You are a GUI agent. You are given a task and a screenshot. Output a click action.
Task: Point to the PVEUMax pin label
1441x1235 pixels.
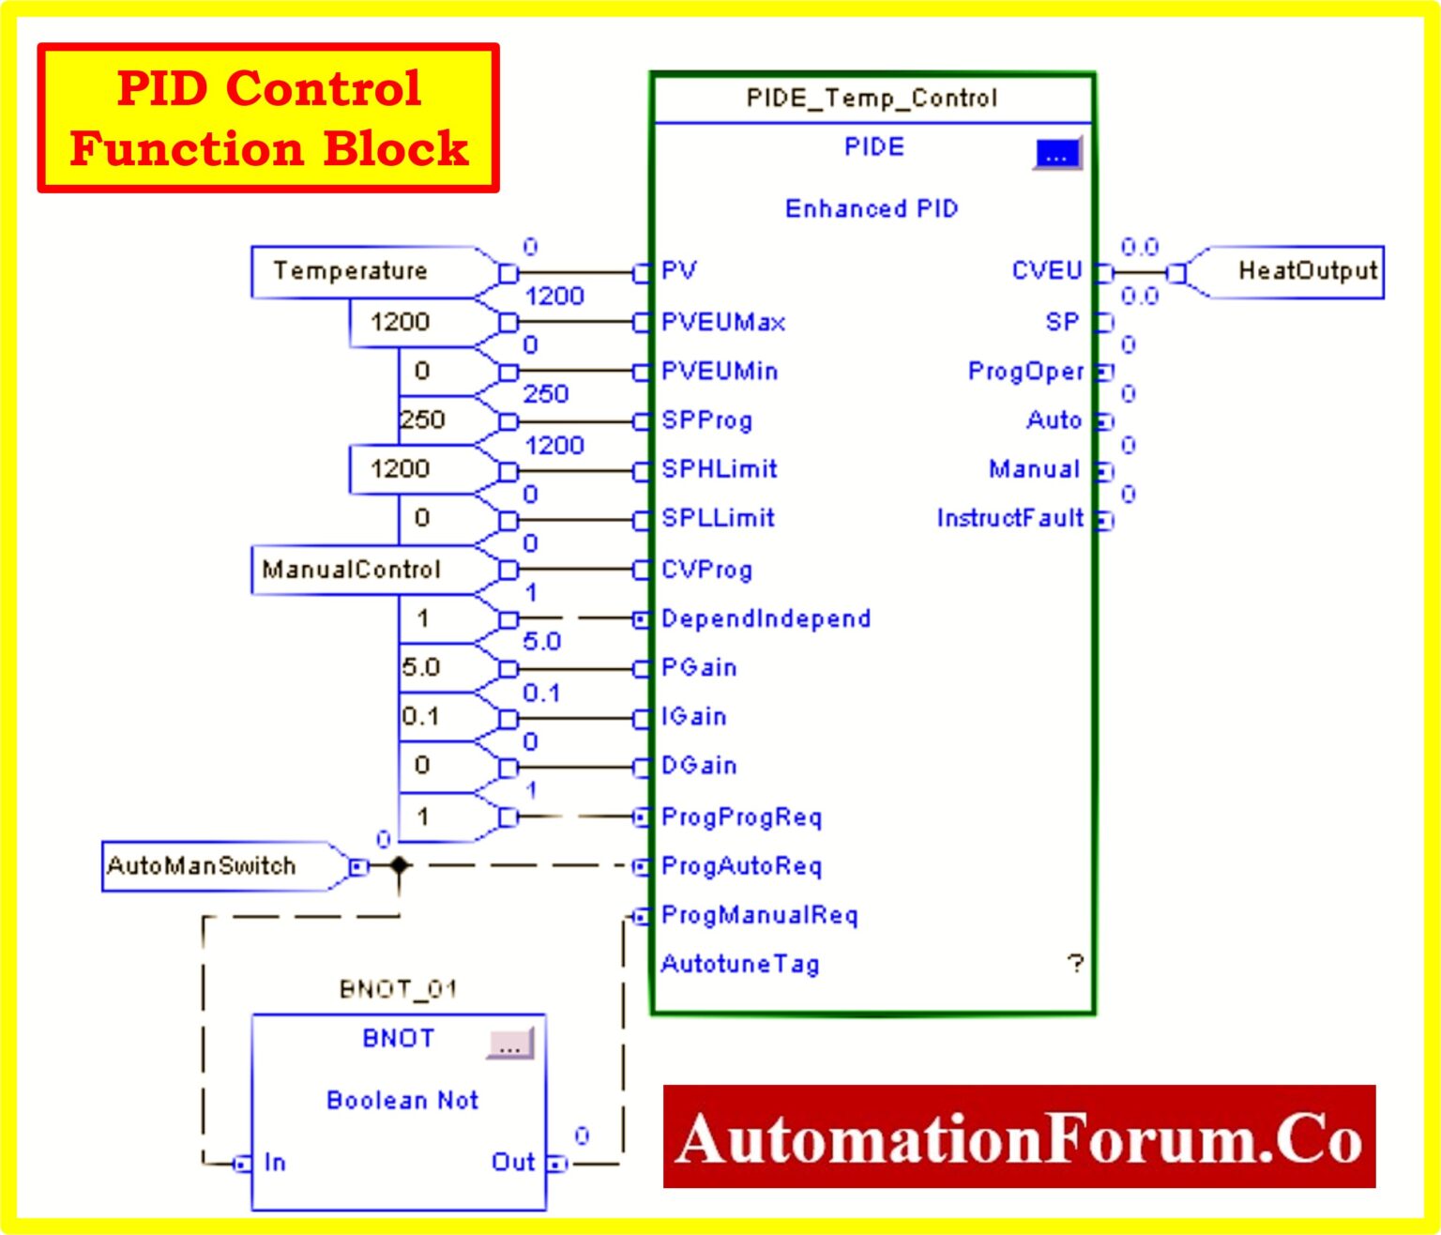tap(722, 322)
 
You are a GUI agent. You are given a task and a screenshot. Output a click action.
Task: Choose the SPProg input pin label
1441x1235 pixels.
tap(706, 419)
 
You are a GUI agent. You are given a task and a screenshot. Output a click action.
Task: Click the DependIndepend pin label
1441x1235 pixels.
tap(766, 618)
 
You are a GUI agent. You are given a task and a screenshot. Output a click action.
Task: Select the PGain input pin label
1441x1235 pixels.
tap(699, 667)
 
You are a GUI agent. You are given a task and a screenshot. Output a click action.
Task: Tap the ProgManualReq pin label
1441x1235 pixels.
tap(759, 915)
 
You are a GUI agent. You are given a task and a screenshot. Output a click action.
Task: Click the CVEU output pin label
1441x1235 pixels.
tap(1046, 271)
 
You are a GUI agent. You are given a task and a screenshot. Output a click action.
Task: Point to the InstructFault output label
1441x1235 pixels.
tap(1009, 518)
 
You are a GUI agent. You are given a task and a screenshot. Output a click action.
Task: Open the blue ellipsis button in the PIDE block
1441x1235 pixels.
tap(1057, 154)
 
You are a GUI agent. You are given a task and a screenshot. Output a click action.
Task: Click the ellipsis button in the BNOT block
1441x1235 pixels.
tap(509, 1044)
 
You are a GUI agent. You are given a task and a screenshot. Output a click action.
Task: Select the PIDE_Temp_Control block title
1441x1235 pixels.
tap(872, 99)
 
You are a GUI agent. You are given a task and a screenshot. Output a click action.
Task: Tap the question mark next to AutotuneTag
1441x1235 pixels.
tap(1075, 964)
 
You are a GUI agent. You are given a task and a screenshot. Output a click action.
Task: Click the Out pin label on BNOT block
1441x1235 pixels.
tap(512, 1162)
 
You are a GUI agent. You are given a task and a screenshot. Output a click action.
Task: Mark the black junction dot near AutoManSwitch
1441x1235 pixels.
tap(399, 865)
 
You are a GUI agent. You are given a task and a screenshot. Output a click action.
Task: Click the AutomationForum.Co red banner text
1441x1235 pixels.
tap(1019, 1138)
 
